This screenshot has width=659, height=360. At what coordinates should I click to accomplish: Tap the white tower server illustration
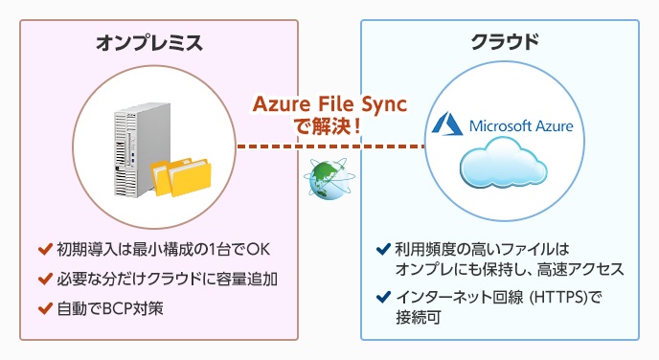point(132,149)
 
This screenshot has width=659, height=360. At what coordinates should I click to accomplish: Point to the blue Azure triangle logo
point(445,124)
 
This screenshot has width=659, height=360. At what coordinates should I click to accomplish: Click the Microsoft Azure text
point(518,125)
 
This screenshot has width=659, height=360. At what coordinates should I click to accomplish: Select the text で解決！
point(329,124)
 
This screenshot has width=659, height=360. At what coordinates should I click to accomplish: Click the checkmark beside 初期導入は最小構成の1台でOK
point(44,251)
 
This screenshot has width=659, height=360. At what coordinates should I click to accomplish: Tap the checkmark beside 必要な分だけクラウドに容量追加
point(44,280)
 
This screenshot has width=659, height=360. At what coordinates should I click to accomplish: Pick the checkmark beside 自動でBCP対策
point(44,308)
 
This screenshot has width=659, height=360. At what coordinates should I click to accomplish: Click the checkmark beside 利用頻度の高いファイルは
point(383,251)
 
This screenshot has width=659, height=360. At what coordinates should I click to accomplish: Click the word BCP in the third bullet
point(115,308)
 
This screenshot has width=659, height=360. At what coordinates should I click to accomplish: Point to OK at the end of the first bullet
point(259,251)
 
